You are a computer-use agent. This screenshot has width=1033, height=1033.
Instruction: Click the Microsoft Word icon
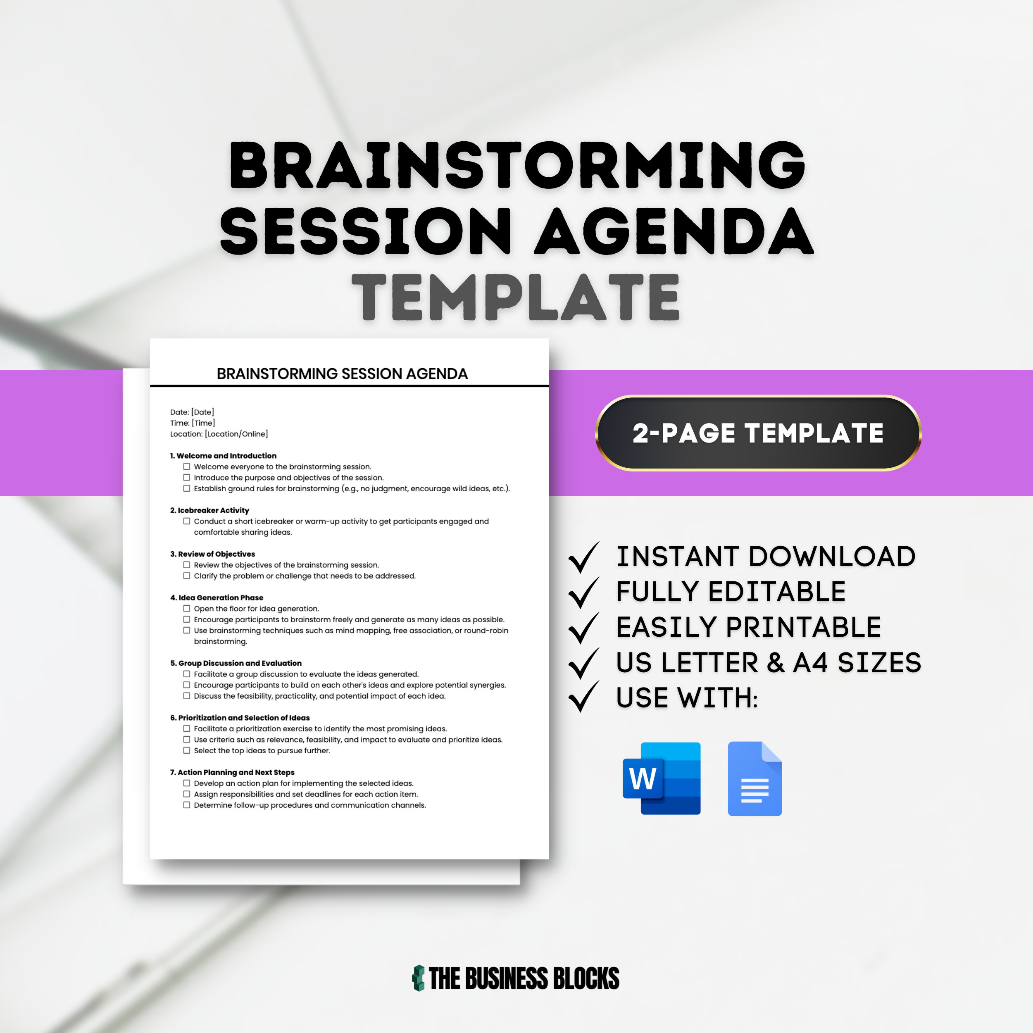662,778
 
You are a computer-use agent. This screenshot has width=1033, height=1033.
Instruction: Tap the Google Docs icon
755,778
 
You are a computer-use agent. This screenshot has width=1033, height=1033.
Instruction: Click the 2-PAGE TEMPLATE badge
758,433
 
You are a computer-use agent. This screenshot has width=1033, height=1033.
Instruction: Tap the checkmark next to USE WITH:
583,697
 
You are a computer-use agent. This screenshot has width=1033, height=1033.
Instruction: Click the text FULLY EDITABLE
731,591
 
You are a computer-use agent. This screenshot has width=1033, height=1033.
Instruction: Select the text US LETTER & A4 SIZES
768,662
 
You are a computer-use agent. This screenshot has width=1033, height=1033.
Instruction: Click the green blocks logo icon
419,978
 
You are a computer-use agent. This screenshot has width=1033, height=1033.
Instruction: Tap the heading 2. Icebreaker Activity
209,510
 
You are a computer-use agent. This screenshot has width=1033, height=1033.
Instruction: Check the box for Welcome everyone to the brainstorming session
187,466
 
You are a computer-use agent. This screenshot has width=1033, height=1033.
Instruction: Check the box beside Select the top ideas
187,750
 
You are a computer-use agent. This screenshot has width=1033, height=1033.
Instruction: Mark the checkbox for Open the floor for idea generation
187,609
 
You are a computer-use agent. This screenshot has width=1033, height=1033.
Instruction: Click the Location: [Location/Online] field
219,433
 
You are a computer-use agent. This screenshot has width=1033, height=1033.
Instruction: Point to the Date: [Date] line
192,412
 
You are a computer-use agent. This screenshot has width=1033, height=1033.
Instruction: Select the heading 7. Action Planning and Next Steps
232,772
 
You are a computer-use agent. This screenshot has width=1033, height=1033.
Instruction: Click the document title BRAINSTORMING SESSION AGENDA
342,374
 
